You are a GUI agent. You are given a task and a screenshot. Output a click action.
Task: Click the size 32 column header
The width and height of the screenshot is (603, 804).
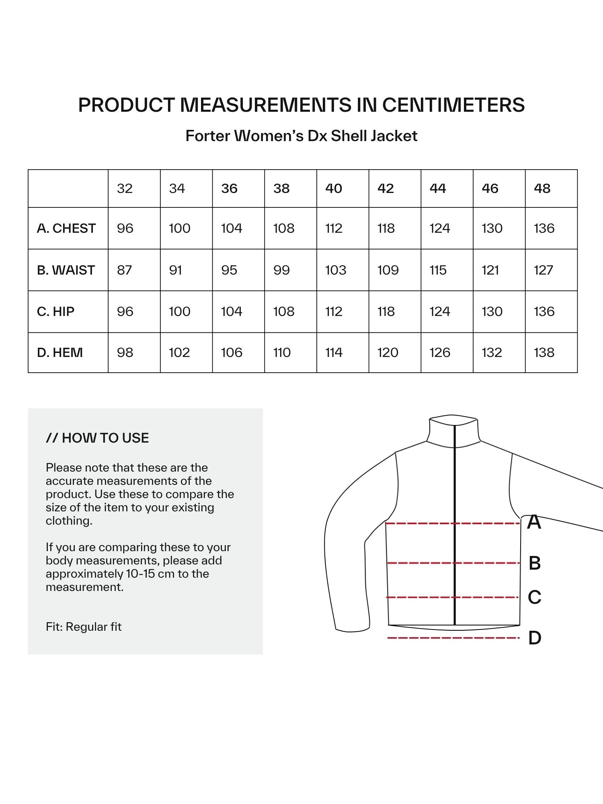pos(125,189)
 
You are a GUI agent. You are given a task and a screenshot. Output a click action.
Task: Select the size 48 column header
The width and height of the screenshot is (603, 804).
pos(542,189)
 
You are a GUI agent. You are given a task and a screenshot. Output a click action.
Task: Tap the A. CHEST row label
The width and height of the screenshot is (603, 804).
pos(66,228)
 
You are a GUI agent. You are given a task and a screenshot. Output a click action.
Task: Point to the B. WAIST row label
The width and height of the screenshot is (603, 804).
pos(66,270)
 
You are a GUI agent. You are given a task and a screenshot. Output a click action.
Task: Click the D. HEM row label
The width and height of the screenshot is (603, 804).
pos(60,353)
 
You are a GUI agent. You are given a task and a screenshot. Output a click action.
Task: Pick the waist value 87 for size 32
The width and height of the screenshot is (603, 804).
pos(125,270)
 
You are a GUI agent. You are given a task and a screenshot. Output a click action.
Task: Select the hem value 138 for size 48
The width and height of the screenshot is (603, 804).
pos(544,353)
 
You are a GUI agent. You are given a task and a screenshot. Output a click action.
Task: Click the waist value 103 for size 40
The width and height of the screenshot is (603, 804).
pos(336,270)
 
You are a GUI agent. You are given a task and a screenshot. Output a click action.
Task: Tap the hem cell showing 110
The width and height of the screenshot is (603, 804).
pos(282,353)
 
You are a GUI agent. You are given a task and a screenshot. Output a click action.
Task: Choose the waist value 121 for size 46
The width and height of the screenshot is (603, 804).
pos(490,270)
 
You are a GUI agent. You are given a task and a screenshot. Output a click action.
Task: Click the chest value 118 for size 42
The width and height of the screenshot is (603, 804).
pos(386,228)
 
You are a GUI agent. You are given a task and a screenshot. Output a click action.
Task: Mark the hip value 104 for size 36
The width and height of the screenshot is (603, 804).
pos(232,312)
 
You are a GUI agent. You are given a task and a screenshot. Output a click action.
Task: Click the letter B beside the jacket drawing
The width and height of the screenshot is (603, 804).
pos(535,563)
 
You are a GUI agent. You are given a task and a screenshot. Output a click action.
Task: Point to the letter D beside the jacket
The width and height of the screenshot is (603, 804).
pos(535,638)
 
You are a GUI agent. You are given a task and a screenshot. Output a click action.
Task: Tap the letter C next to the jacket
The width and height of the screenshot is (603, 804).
pos(535,597)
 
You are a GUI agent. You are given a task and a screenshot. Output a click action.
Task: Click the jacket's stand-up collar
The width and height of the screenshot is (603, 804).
pos(453,430)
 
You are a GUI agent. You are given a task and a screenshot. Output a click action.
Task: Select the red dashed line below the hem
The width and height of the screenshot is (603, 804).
pos(453,638)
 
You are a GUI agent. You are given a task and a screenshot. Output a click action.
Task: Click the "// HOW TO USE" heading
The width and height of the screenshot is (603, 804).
pos(97,438)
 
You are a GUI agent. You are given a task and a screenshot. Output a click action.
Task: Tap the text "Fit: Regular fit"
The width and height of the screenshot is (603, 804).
pos(84,627)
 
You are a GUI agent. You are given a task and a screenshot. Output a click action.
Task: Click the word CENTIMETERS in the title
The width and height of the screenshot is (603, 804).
pos(453,105)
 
